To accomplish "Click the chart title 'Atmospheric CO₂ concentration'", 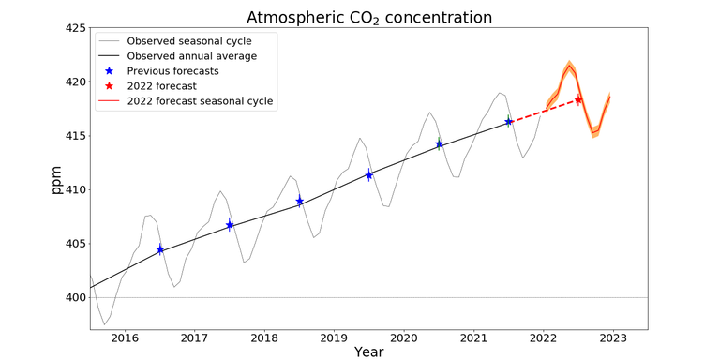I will point(368,18).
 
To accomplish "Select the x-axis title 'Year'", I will point(368,352).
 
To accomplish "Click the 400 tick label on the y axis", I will point(75,298).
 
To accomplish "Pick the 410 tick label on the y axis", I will point(75,190).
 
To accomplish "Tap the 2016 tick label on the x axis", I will point(125,337).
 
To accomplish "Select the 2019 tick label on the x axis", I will point(334,337).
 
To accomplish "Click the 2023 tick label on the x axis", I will point(613,337).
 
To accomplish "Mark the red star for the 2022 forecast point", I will point(578,99).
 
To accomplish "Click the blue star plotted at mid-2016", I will point(160,249).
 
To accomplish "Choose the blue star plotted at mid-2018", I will point(300,201).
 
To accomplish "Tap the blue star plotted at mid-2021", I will point(509,122).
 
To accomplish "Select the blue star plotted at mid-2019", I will point(369,175).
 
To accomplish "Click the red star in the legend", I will point(111,86).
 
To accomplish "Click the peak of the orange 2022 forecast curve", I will point(568,66).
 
